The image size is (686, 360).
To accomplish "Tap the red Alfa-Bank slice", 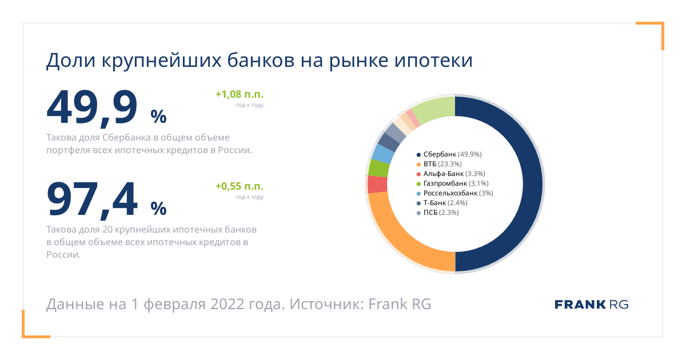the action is pos(377,184).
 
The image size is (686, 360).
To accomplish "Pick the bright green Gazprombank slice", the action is pos(379,168).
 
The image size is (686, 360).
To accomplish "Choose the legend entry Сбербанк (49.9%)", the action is pos(449,154).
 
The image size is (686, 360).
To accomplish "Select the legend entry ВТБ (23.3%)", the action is pos(439,164).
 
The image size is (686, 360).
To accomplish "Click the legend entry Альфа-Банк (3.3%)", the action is pos(451,174).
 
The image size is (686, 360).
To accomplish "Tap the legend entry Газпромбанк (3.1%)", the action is pos(453,183).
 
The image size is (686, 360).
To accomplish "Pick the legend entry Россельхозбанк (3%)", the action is pos(455,193).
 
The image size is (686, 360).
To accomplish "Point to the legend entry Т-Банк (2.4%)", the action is pos(442,203).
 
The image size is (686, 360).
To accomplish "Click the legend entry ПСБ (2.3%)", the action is pos(438,213).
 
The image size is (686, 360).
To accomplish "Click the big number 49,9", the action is pos(92,108).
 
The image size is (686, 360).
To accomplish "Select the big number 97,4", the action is pos(92,199).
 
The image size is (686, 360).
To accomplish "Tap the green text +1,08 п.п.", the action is pos(240,94).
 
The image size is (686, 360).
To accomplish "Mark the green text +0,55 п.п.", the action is pos(240,186).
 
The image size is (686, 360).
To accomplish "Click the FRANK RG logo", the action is pos(591,305).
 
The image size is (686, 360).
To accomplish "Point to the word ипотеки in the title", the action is pos(434,61).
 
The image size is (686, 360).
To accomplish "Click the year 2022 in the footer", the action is pos(228,304).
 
